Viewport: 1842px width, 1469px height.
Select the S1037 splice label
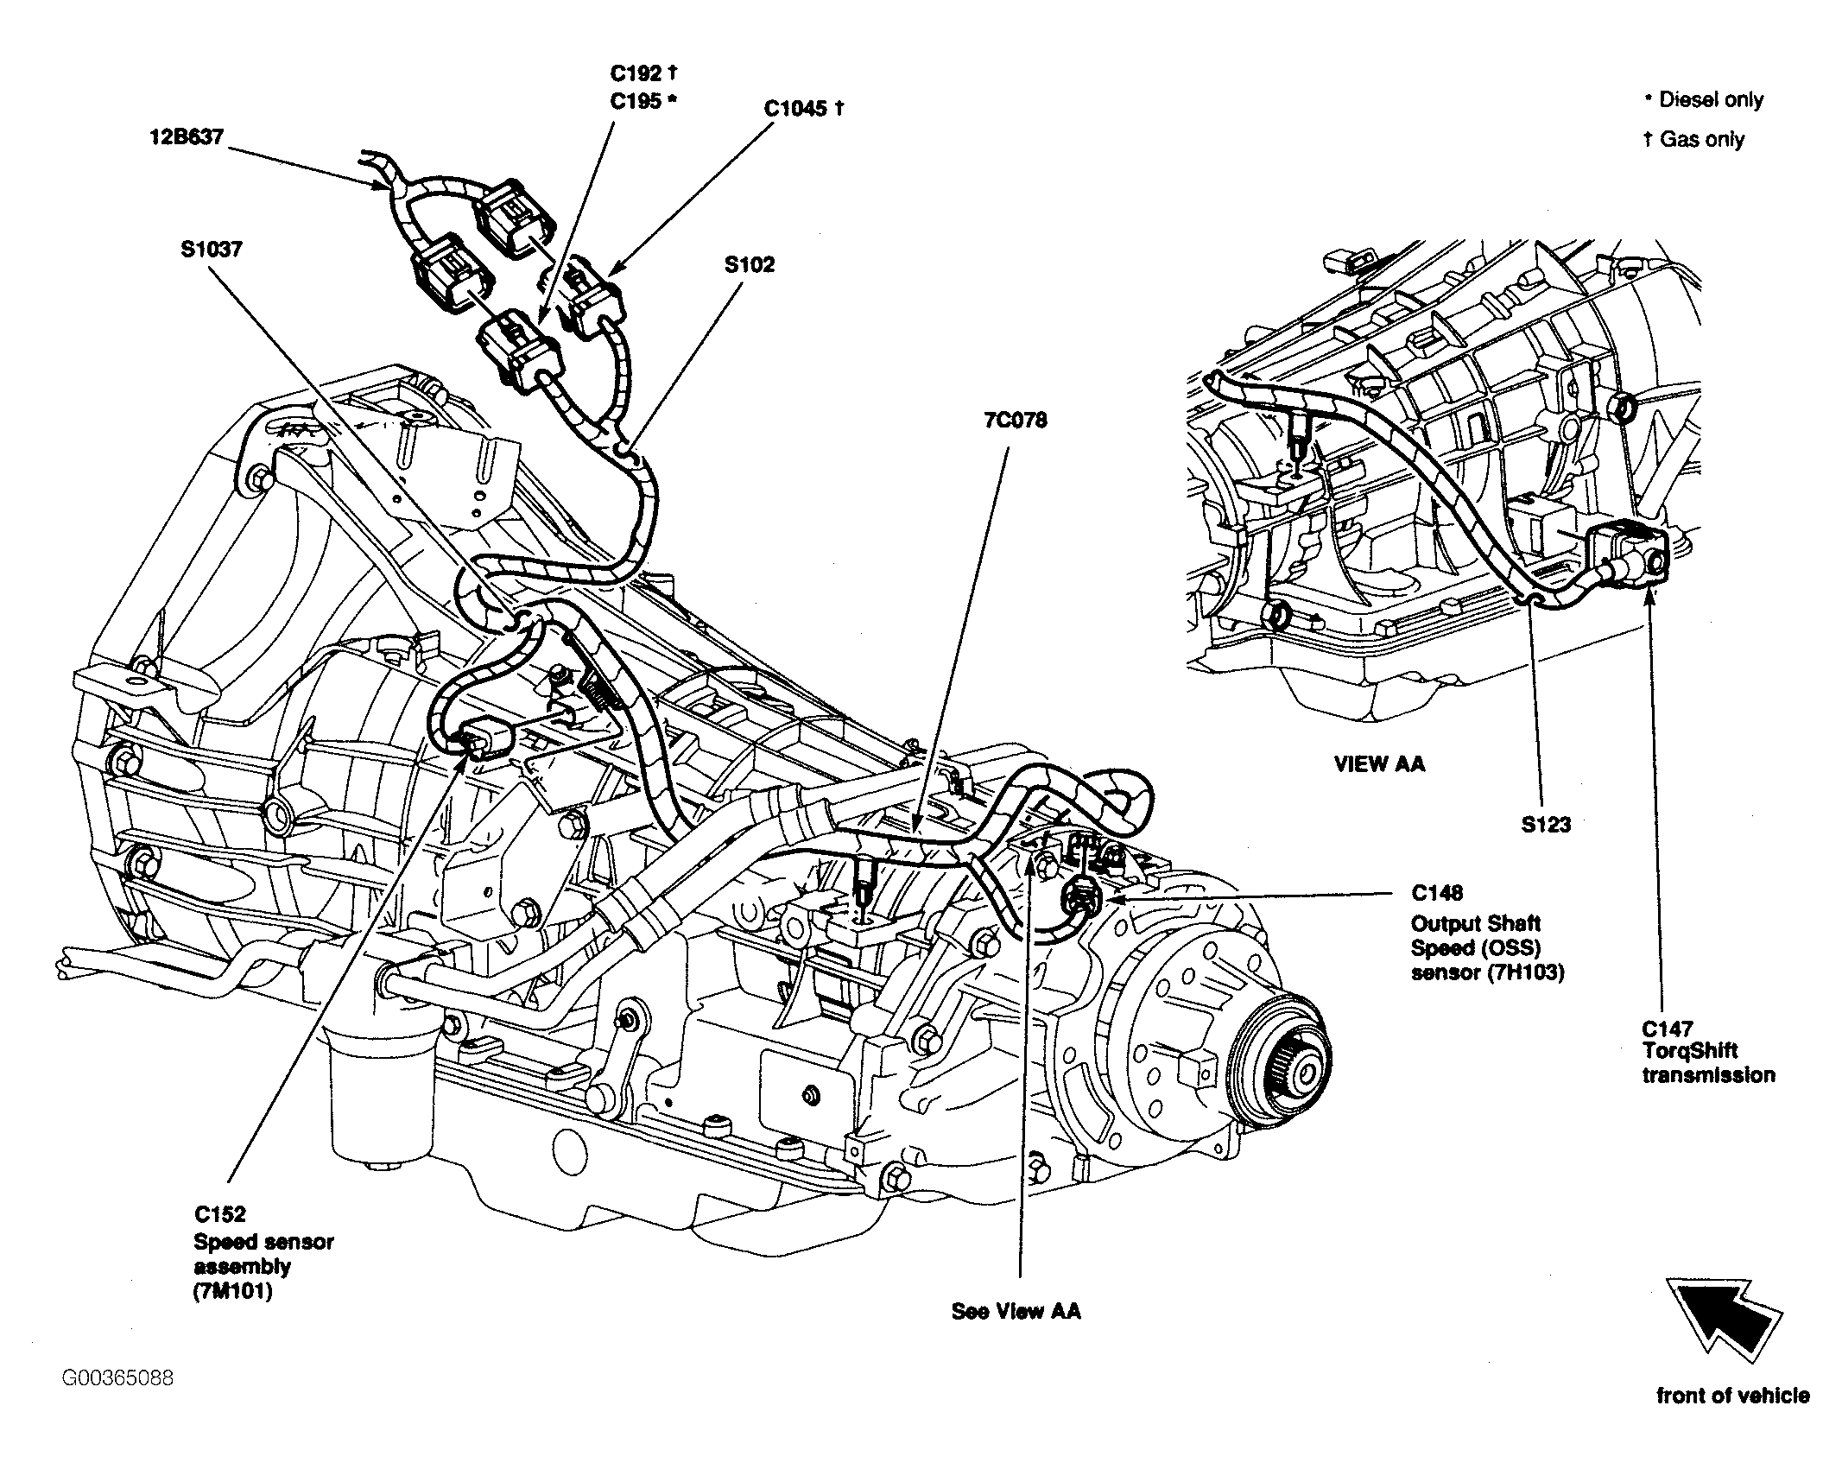point(212,249)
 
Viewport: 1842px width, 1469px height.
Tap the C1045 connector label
point(803,109)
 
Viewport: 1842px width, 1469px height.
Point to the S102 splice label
point(750,264)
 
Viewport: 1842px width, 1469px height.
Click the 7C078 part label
point(1015,421)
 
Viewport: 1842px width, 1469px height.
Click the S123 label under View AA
point(1546,824)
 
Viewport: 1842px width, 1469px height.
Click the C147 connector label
point(1668,1029)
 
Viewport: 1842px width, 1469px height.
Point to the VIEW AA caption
point(1379,763)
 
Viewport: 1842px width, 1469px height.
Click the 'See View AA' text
point(1016,1311)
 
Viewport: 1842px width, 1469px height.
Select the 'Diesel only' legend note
point(1703,100)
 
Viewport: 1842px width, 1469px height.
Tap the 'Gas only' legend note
point(1693,139)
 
